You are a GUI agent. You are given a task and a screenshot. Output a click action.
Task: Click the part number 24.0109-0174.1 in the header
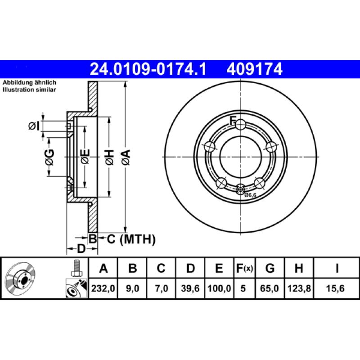tap(148, 69)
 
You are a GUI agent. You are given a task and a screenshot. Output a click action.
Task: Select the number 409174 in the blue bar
tap(254, 69)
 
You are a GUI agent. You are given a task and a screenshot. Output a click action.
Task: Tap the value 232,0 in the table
tap(103, 288)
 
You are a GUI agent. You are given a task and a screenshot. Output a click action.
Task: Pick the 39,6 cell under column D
tap(190, 288)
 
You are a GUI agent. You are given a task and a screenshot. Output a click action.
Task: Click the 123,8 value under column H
tap(299, 288)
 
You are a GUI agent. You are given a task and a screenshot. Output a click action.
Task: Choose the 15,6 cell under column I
tap(335, 288)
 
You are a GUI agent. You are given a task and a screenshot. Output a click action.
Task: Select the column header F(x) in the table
tap(244, 268)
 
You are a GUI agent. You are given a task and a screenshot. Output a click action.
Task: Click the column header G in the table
tap(270, 268)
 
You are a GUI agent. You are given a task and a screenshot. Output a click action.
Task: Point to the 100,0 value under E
tap(219, 288)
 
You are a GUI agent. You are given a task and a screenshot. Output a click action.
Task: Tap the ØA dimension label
tap(126, 157)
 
